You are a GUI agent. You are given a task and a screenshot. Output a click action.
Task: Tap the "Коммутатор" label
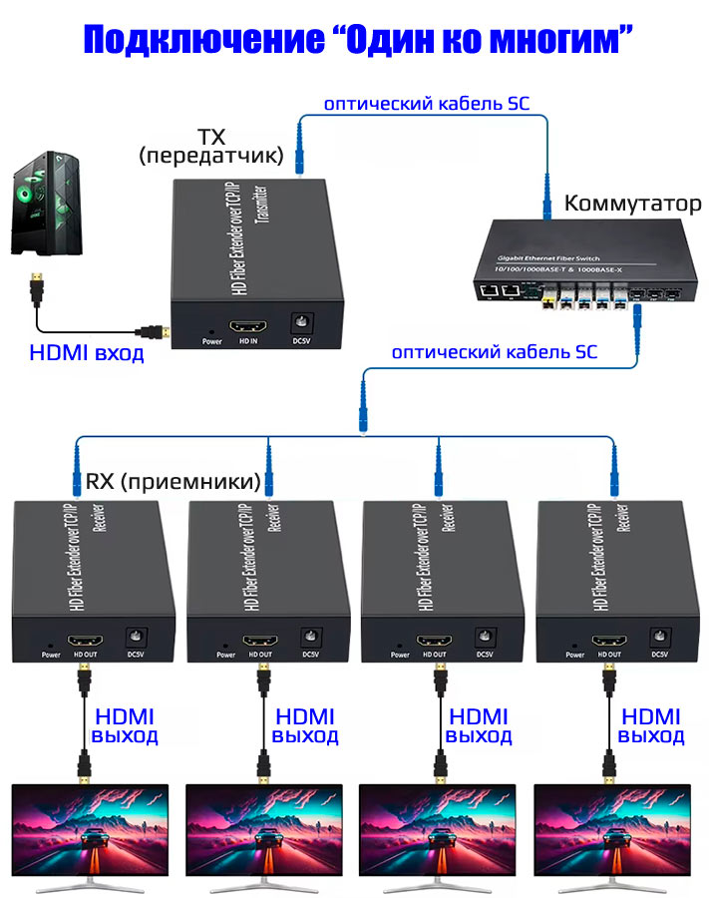pyautogui.click(x=632, y=205)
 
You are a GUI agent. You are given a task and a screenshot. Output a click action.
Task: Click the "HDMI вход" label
pyautogui.click(x=86, y=353)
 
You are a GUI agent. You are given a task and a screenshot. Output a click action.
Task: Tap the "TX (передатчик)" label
pyautogui.click(x=211, y=146)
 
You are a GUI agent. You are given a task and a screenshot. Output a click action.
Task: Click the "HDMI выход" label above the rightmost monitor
pyautogui.click(x=651, y=726)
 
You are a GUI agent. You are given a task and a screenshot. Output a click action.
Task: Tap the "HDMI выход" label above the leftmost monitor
pyautogui.click(x=126, y=726)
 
